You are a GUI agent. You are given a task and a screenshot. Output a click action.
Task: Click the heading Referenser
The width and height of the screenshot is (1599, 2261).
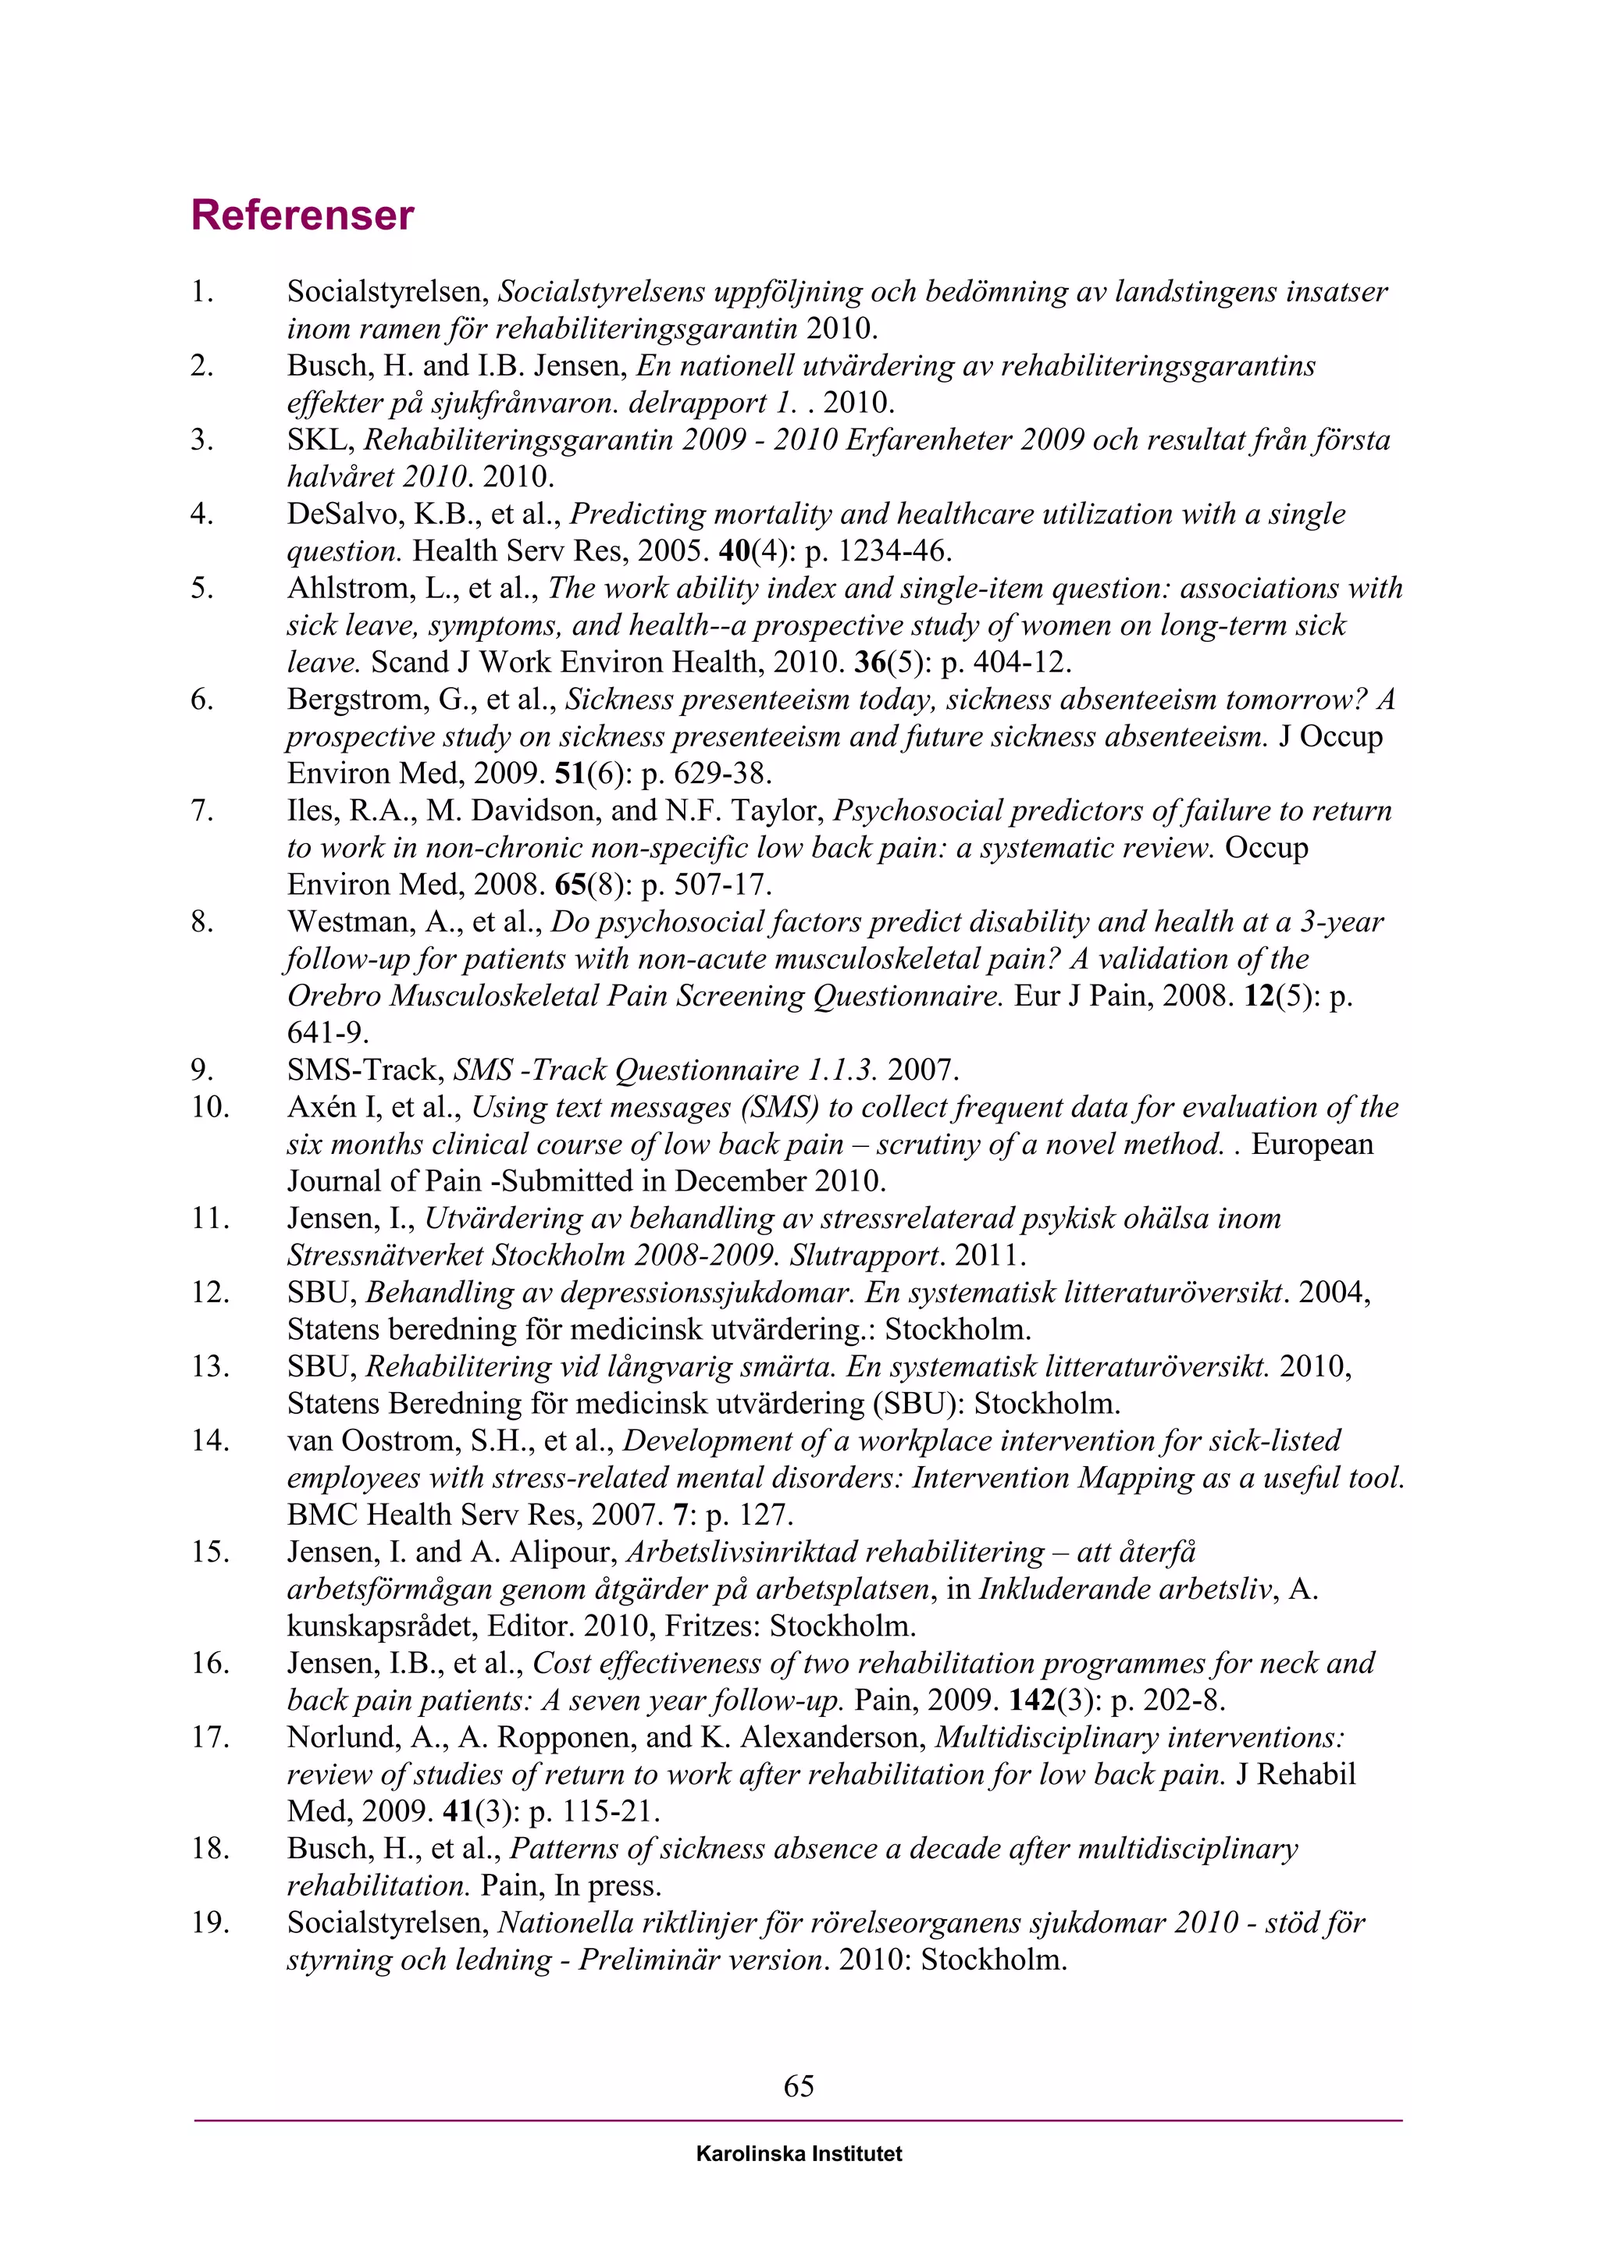[302, 215]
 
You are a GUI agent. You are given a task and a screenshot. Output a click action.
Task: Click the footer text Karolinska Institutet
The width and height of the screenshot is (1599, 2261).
[799, 2154]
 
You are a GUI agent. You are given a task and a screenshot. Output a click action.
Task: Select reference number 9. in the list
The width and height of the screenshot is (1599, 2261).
[202, 1070]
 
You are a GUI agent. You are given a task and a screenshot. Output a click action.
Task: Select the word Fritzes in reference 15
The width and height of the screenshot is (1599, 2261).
[709, 1625]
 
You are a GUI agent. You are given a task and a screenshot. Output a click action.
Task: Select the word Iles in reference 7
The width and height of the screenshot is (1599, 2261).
[312, 811]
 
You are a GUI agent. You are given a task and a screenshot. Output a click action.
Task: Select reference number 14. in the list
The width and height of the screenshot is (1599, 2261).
[210, 1440]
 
